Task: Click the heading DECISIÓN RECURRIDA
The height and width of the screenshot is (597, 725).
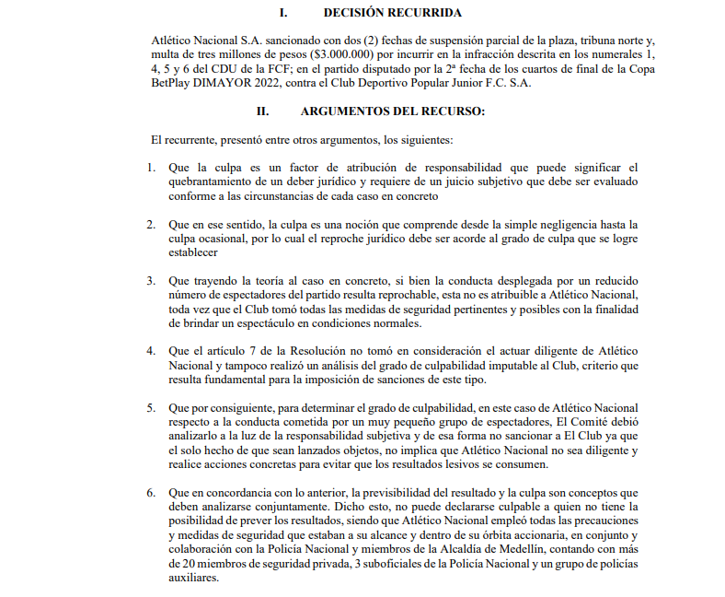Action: coord(393,13)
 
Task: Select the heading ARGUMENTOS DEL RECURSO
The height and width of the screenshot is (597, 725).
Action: coord(392,111)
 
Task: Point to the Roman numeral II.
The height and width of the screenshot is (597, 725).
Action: coord(262,111)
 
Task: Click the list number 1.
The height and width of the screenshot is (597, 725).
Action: coord(153,168)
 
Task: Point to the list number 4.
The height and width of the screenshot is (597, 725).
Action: coord(153,351)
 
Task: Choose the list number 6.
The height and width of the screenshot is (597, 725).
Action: coord(153,493)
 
